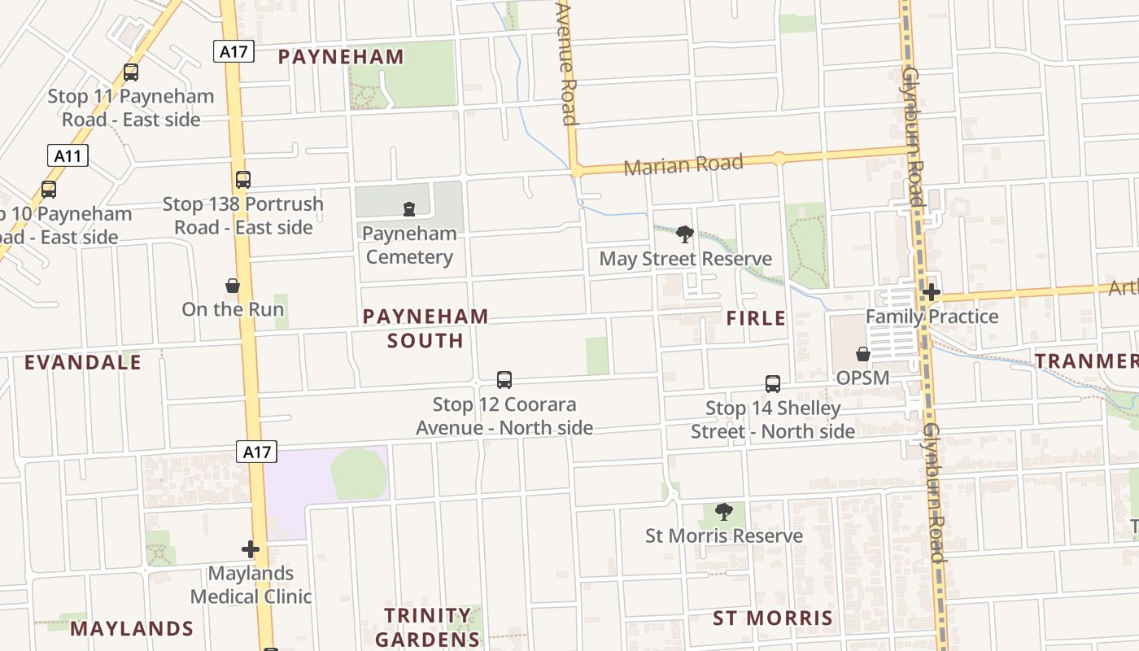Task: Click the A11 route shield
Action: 68,155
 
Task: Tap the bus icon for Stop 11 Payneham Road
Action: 130,72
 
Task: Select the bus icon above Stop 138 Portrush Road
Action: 242,180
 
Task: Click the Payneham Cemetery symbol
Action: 409,210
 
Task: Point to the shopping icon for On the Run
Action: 233,286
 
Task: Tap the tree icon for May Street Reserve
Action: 685,235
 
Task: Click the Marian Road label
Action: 683,165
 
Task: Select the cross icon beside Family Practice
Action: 932,292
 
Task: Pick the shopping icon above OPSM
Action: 863,355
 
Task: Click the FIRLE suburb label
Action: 756,318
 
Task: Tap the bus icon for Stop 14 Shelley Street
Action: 773,383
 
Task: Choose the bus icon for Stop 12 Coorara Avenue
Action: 504,380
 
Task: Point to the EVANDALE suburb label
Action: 82,362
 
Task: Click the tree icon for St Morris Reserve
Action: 723,512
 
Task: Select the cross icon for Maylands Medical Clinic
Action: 251,549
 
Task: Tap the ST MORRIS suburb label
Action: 773,618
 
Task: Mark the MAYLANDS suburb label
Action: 132,628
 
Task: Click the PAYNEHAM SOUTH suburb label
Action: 425,328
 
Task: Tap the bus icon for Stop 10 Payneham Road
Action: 49,190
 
